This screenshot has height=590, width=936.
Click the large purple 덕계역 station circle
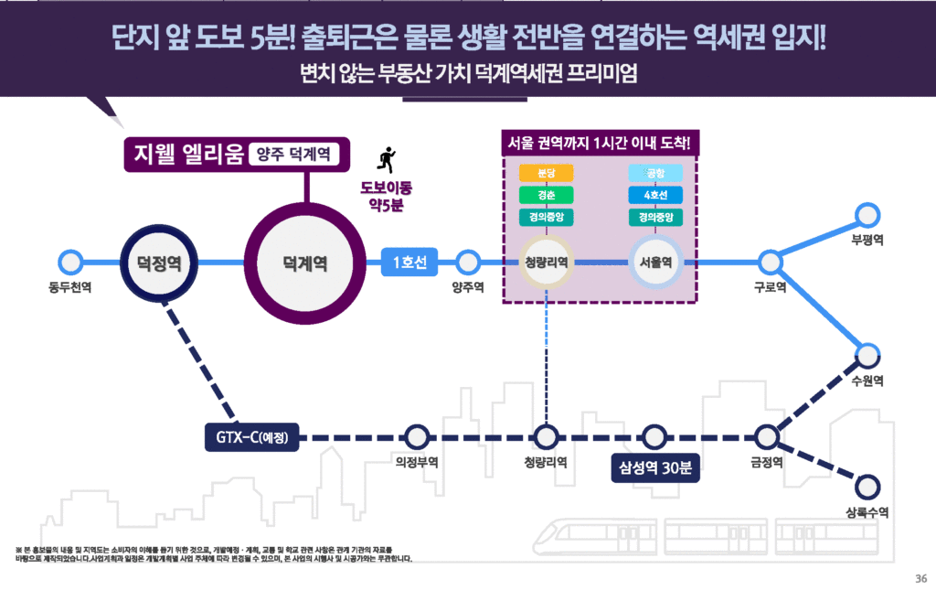[x=305, y=263]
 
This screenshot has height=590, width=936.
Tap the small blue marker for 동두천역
[x=69, y=263]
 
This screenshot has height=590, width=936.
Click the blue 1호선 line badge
[x=409, y=263]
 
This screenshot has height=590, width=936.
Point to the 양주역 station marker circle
[x=468, y=263]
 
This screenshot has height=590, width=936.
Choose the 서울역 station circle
[x=655, y=263]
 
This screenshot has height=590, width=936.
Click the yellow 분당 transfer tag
[x=546, y=174]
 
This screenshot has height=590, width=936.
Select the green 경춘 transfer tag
[x=546, y=196]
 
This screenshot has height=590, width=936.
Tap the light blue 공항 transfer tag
[x=655, y=174]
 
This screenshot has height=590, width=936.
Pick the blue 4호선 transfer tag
[x=655, y=196]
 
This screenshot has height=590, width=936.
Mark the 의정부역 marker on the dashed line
[x=417, y=437]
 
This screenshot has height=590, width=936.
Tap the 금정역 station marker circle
[x=766, y=437]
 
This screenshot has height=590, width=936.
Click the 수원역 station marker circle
[x=867, y=355]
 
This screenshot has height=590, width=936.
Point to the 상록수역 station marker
[x=867, y=486]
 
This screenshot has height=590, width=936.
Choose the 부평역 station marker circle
[x=867, y=216]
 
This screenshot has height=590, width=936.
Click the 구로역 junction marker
[x=771, y=263]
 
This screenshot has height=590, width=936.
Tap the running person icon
[x=387, y=160]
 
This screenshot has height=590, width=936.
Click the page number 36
[x=920, y=577]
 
